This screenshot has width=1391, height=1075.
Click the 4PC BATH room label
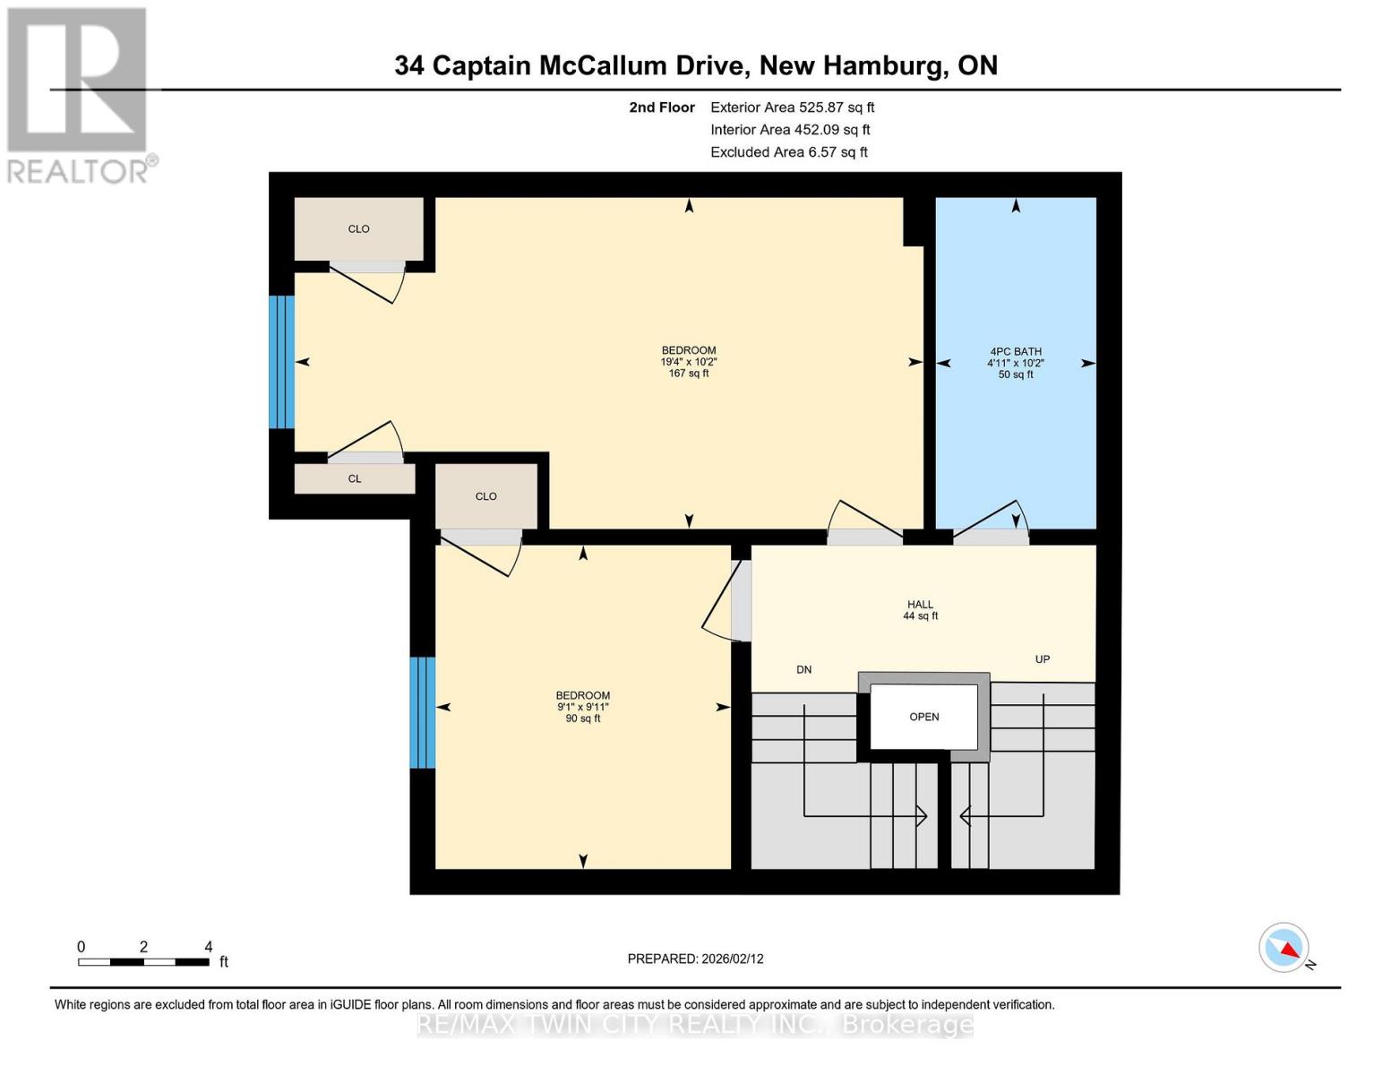tap(1015, 352)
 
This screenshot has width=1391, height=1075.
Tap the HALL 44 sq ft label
tap(920, 610)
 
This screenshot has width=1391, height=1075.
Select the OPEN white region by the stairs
tap(923, 717)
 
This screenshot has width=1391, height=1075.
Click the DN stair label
tap(803, 669)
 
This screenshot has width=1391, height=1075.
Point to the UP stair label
tap(1042, 659)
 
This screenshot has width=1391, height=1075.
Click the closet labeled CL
tap(355, 479)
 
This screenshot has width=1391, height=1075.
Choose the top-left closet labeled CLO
tap(358, 229)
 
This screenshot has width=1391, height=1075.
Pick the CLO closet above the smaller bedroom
tap(485, 496)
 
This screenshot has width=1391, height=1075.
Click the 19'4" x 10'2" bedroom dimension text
tap(688, 362)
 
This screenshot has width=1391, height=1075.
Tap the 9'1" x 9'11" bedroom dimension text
tap(582, 707)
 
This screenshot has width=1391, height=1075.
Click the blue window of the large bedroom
tap(281, 362)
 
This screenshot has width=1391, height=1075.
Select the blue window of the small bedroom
tap(422, 712)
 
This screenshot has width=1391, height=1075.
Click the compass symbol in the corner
tap(1284, 947)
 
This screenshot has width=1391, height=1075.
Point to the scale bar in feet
tap(143, 961)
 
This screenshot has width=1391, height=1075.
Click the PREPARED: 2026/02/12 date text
tap(695, 959)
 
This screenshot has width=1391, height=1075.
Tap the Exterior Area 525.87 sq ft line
tap(792, 107)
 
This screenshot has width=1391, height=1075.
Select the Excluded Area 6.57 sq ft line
tap(788, 152)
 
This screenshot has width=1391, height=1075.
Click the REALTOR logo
tap(79, 95)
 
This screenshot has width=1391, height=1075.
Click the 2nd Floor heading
tap(662, 107)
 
